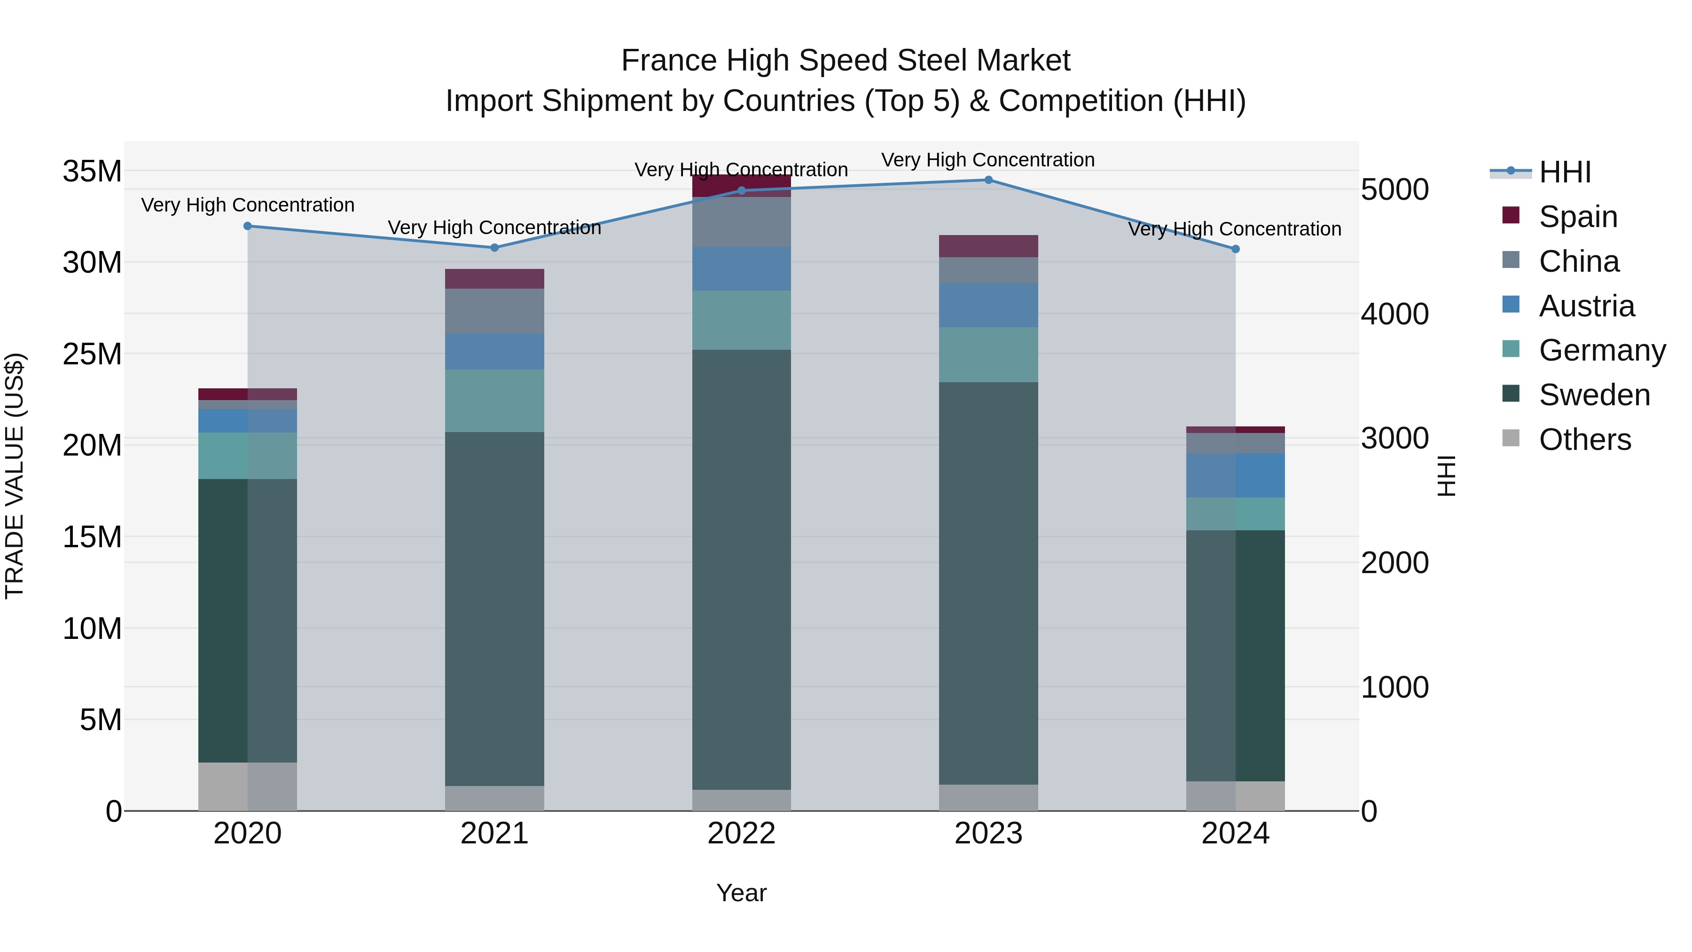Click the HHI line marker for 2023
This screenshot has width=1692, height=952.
(x=988, y=180)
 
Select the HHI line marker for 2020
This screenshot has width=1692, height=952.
(x=248, y=226)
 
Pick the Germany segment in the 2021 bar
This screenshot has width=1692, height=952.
(x=494, y=400)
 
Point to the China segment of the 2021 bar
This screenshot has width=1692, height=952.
(x=494, y=311)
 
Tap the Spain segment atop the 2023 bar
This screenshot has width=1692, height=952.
(x=988, y=246)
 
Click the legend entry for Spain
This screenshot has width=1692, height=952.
(x=1578, y=217)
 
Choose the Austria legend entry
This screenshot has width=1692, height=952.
(x=1586, y=306)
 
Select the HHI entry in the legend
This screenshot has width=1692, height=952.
(x=1565, y=172)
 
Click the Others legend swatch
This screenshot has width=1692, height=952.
(x=1511, y=438)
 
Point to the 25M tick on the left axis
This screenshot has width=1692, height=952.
(x=92, y=354)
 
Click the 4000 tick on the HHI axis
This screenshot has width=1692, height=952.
(x=1394, y=314)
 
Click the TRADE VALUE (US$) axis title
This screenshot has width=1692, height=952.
(x=15, y=476)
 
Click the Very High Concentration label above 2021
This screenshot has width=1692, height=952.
(x=494, y=228)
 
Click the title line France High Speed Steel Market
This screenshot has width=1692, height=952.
(x=846, y=61)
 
